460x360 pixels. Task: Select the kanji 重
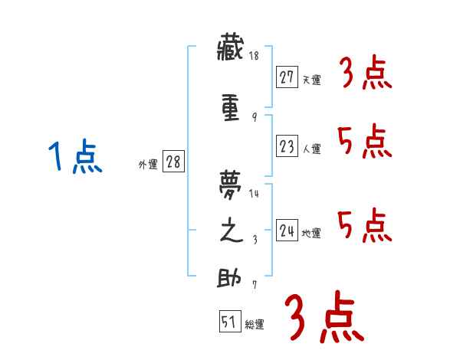[231, 109]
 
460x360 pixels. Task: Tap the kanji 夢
[231, 185]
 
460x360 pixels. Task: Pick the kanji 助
[231, 278]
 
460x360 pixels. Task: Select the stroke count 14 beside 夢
[254, 194]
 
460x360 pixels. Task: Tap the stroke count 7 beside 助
[254, 285]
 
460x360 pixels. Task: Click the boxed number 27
[287, 77]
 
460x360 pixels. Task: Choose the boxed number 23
[287, 146]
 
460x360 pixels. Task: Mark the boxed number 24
[287, 230]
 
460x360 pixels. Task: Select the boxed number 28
[172, 162]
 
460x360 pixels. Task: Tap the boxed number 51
[229, 322]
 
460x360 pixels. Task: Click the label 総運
[255, 326]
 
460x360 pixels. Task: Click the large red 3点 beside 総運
[323, 317]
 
